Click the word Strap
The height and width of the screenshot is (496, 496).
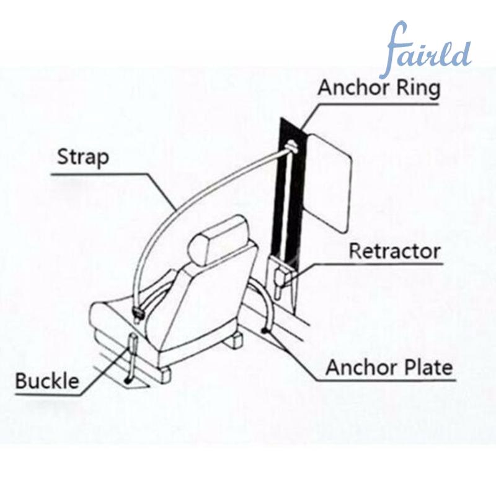(83, 157)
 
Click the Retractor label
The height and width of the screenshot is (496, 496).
(394, 251)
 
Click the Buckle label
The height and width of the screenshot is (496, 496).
(47, 381)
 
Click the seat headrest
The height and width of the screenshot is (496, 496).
(218, 240)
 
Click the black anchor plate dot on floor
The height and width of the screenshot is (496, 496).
(263, 330)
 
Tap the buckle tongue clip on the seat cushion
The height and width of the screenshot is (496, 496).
(138, 313)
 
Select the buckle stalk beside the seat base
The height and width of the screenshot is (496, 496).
(131, 358)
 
